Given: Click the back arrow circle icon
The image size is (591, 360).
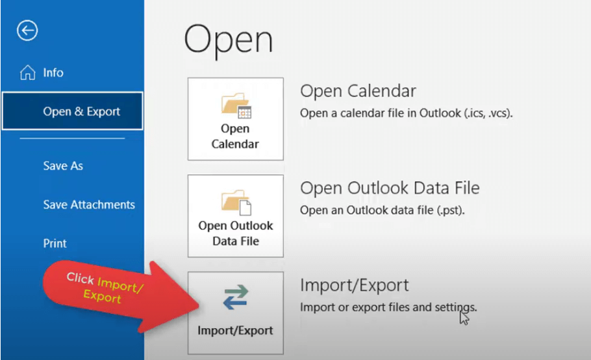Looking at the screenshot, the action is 27,30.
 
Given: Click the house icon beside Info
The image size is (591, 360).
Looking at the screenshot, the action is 27,72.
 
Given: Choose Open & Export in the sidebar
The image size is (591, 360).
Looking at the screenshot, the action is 72,111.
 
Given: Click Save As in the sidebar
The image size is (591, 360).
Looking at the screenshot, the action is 63,166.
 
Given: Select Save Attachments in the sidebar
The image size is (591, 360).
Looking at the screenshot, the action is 89,204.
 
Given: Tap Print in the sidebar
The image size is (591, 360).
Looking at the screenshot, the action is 55,243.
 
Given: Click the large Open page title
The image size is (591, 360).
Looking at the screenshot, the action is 229,40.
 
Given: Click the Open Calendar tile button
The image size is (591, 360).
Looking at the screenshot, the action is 236,119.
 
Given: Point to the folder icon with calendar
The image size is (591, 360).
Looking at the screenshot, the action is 236,105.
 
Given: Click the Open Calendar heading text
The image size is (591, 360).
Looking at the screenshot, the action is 358,91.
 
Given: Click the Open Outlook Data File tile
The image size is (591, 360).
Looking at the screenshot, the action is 236,216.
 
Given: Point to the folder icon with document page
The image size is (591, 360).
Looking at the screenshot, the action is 236,202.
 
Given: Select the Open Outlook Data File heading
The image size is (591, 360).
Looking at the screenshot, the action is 390,188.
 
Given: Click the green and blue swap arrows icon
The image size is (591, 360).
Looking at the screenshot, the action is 236,297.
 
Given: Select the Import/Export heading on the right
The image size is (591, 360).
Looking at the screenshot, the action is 355,285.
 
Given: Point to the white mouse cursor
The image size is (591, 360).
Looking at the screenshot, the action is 464,317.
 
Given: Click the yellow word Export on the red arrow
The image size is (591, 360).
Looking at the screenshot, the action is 102,296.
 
